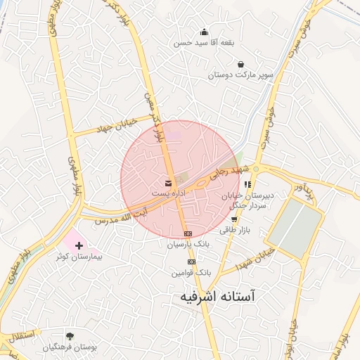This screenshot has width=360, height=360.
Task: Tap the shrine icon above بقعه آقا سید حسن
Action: pyautogui.click(x=204, y=32)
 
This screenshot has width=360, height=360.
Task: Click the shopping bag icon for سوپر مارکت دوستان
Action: pyautogui.click(x=231, y=64)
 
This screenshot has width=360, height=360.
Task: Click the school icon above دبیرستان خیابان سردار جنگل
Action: pyautogui.click(x=247, y=184)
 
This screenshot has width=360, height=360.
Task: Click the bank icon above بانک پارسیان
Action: pyautogui.click(x=188, y=233)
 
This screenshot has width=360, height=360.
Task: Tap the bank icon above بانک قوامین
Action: pyautogui.click(x=192, y=261)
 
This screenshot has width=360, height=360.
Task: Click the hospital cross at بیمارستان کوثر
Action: pyautogui.click(x=79, y=246)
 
